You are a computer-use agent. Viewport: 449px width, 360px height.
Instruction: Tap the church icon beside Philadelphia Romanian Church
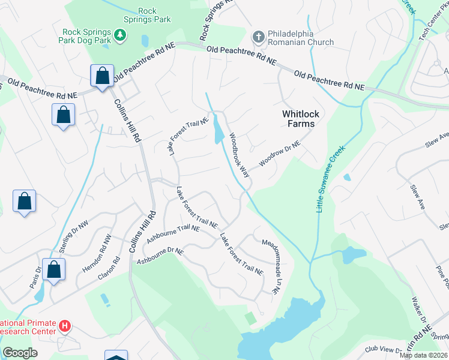point(259,37)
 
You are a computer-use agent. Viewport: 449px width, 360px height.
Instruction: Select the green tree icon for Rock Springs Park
point(120,36)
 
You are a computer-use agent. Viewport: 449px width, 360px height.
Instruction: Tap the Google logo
point(20,353)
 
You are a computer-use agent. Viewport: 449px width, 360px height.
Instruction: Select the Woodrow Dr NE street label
point(279,155)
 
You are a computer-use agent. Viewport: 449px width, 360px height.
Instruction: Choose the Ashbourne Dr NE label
point(160,256)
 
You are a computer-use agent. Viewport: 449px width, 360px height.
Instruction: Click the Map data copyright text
point(424,355)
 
